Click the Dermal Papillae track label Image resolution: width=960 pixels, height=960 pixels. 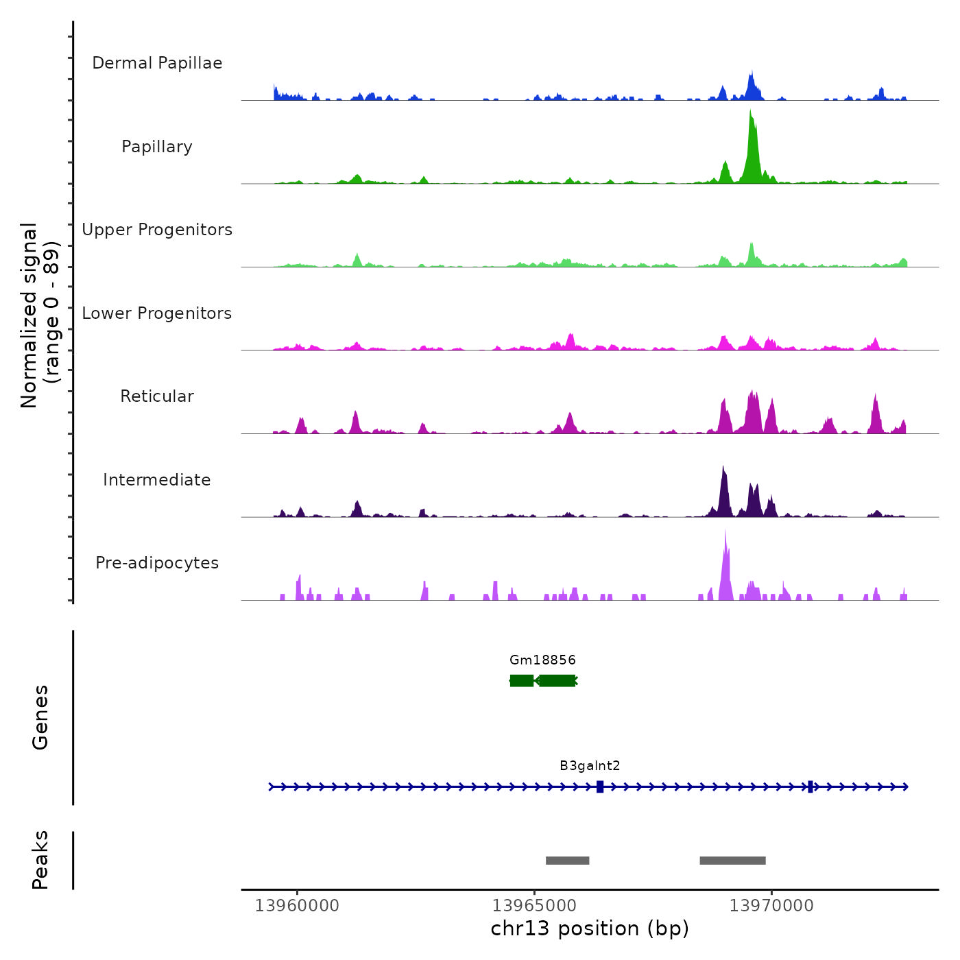(x=157, y=63)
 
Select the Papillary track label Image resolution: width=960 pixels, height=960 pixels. (x=157, y=147)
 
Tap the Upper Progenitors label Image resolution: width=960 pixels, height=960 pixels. (x=157, y=230)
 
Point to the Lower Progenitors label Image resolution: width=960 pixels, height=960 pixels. (x=157, y=313)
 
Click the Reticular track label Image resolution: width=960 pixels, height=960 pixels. (x=157, y=396)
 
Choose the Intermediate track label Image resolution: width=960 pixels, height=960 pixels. (x=157, y=480)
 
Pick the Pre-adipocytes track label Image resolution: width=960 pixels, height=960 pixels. (x=157, y=563)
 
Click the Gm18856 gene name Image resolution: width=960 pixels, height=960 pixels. (x=542, y=660)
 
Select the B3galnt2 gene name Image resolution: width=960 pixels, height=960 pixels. (x=590, y=766)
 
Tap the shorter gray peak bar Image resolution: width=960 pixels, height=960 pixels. (x=567, y=861)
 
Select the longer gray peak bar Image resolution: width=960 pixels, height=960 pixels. (x=732, y=861)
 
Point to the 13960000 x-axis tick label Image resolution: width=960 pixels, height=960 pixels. (x=297, y=906)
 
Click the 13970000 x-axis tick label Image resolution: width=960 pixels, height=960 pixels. (x=771, y=906)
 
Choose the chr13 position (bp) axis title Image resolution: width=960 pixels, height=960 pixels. (x=590, y=928)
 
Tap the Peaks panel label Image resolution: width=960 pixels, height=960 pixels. (x=40, y=860)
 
